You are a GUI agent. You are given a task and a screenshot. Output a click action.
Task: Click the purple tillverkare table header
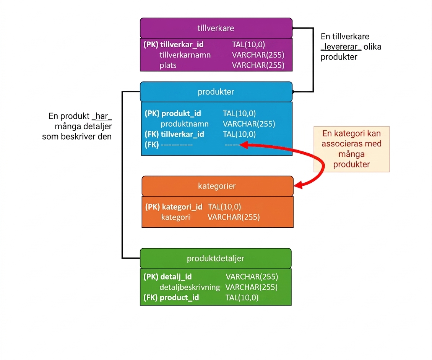[x=216, y=28]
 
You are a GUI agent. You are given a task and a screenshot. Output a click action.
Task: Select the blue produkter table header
[x=216, y=92]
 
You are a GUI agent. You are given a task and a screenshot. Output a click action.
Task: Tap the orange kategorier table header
[x=218, y=186]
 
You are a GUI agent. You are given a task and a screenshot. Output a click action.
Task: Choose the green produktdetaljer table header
[x=216, y=258]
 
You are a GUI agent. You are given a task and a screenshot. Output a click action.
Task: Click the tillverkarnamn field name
[x=185, y=55]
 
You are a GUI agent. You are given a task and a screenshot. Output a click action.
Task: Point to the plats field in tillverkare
[x=168, y=66]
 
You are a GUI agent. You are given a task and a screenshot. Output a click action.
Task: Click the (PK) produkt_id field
[x=173, y=114]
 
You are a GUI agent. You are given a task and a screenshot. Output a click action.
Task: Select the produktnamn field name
[x=185, y=124]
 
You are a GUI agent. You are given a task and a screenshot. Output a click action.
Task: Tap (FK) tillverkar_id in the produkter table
[x=174, y=134]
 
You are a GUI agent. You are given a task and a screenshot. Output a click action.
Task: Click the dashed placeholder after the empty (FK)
[x=177, y=145]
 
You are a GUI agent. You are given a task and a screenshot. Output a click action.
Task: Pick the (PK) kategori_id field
[x=174, y=207]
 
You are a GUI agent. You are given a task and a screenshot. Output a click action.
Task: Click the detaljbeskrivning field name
[x=190, y=287]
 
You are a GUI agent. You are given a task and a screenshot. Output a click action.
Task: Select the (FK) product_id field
[x=171, y=297]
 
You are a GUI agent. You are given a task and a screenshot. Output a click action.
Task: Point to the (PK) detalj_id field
[x=167, y=277]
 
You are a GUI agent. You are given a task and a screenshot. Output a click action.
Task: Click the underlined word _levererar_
[x=341, y=47]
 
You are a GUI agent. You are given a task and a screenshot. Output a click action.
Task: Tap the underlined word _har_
[x=102, y=116]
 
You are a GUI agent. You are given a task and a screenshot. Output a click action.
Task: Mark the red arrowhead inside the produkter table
[x=244, y=145]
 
